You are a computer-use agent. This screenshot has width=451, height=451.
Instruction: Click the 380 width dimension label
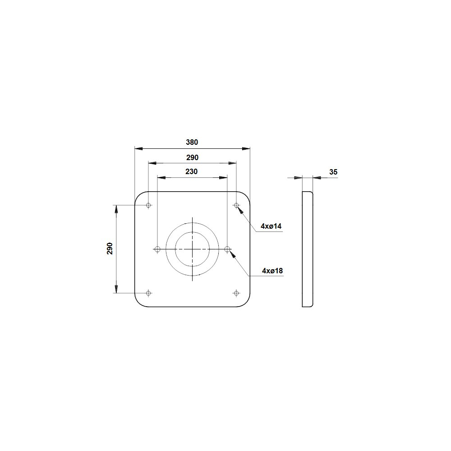(192, 142)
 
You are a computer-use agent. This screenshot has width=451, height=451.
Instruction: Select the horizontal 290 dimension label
(192, 157)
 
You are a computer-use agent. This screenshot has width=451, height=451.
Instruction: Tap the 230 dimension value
(192, 172)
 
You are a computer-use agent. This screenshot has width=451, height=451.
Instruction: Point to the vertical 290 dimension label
(110, 249)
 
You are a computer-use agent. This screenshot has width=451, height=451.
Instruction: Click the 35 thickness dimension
(333, 172)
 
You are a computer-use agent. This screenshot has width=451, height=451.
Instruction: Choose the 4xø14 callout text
(271, 226)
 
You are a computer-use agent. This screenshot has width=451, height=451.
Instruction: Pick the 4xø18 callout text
(272, 271)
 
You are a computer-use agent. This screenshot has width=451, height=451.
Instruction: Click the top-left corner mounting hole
(148, 205)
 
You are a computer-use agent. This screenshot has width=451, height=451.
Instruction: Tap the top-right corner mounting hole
(236, 205)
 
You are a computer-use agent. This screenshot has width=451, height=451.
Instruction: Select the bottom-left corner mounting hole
(148, 293)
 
